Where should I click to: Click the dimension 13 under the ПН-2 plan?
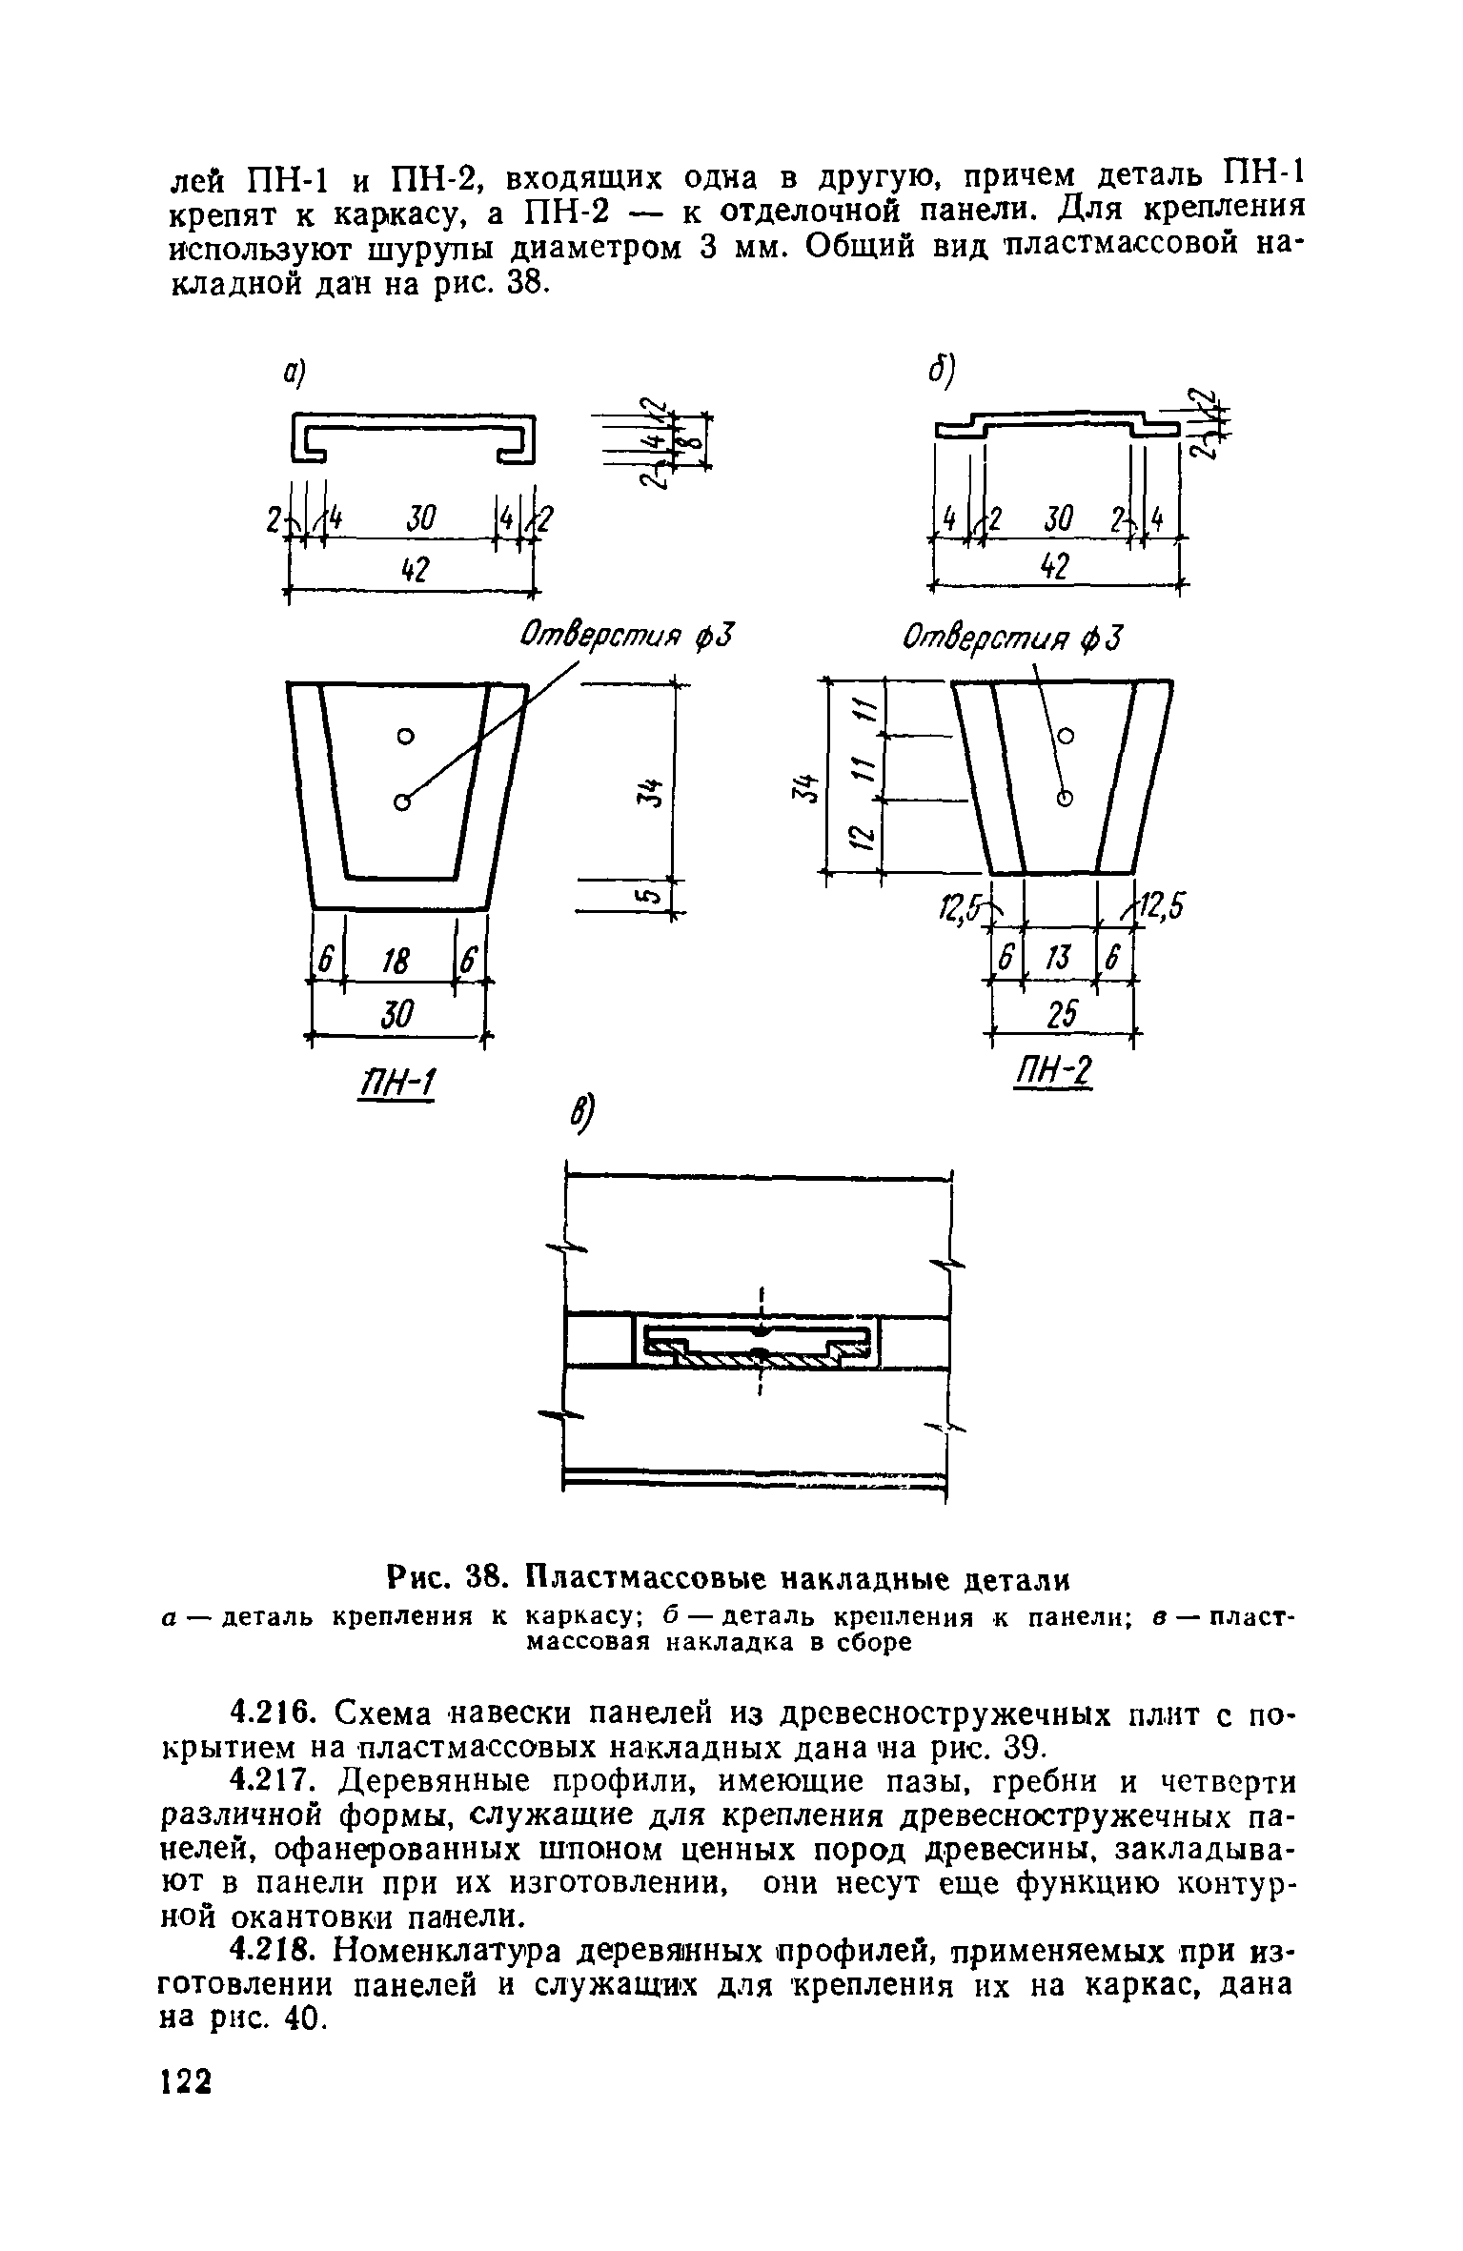[x=1059, y=960]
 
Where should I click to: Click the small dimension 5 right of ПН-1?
[x=652, y=896]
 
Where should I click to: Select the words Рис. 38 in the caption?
[x=444, y=1579]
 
